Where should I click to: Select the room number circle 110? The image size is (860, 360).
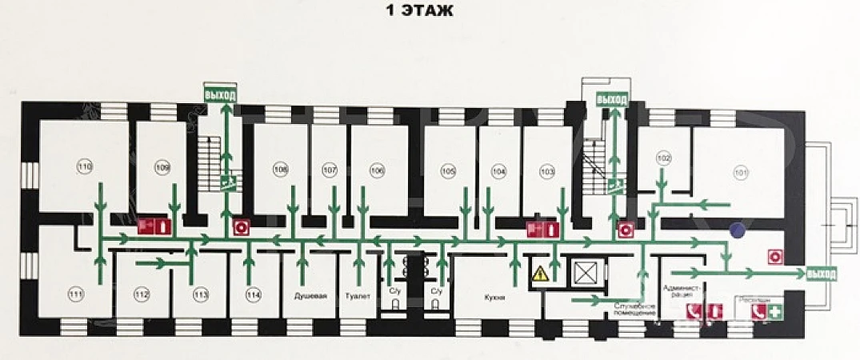click(x=85, y=166)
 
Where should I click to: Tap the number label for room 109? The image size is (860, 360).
click(x=163, y=167)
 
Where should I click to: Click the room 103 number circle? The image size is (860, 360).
click(x=547, y=171)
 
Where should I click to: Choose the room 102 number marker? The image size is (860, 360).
click(x=663, y=158)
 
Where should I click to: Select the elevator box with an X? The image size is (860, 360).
click(x=586, y=274)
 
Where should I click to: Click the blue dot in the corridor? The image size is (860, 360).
click(x=738, y=230)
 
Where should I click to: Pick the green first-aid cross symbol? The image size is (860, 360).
click(x=774, y=313)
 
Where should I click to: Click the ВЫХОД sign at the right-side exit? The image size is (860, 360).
click(x=822, y=274)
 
